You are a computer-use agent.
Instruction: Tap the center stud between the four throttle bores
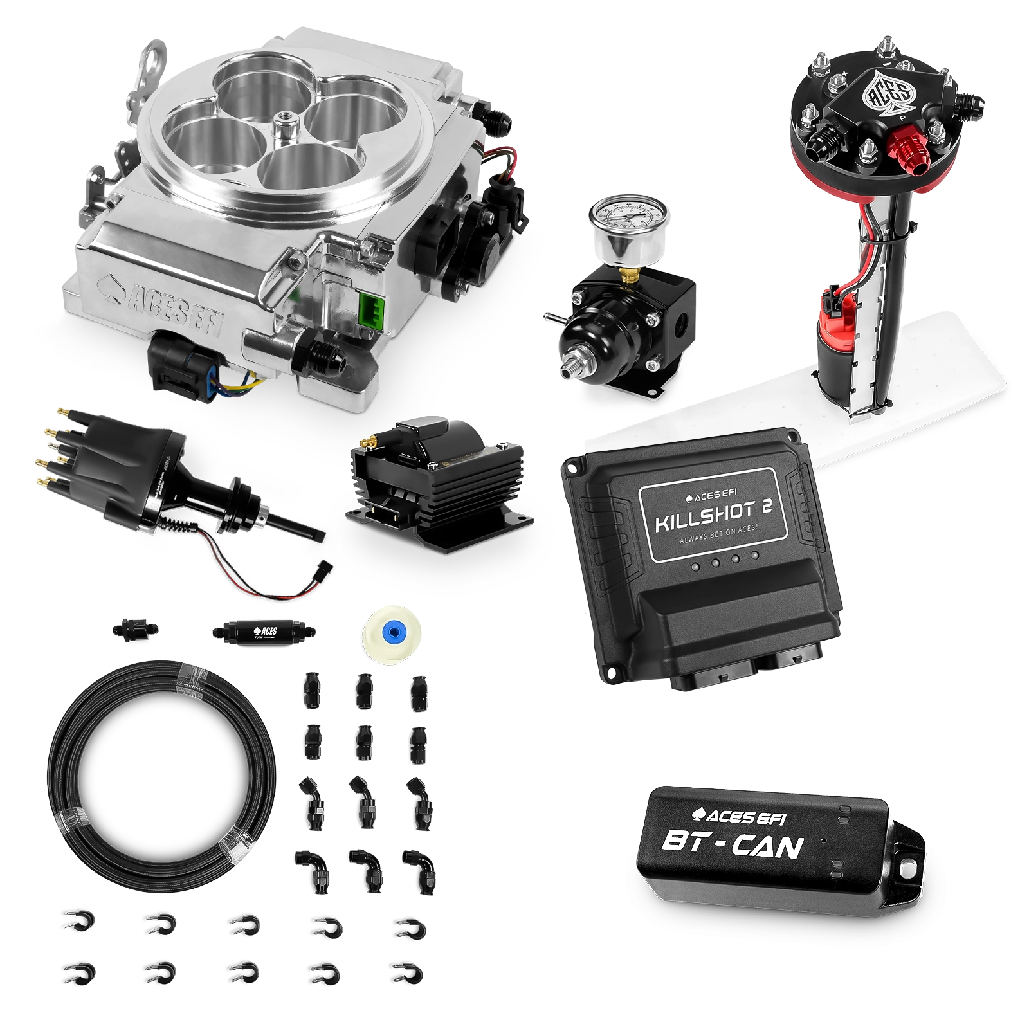(x=282, y=120)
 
